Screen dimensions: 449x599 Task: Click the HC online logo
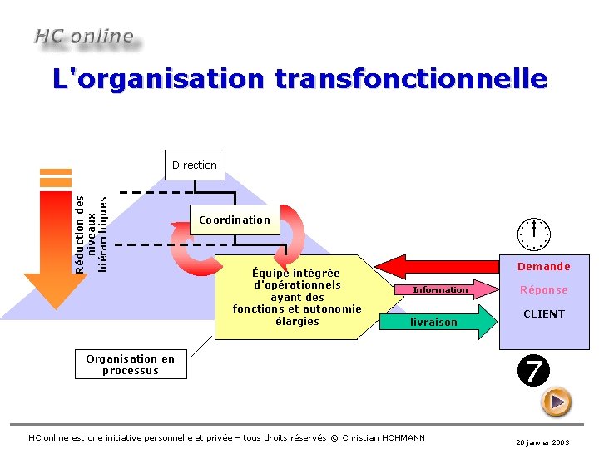pyautogui.click(x=83, y=37)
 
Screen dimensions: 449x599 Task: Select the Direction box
pyautogui.click(x=194, y=165)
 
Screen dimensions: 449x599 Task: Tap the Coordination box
pyautogui.click(x=234, y=220)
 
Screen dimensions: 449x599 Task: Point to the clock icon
pyautogui.click(x=532, y=234)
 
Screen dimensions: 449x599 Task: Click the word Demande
pyautogui.click(x=543, y=267)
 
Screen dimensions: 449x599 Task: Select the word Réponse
pyautogui.click(x=543, y=290)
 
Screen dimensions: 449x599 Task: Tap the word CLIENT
pyautogui.click(x=543, y=314)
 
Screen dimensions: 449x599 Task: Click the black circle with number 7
pyautogui.click(x=532, y=371)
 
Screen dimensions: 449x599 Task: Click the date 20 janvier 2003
pyautogui.click(x=542, y=443)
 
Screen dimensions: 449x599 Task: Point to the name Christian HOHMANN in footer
pyautogui.click(x=383, y=438)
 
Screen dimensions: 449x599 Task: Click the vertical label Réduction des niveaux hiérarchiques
pyautogui.click(x=91, y=234)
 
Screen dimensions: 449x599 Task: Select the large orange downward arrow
pyautogui.click(x=55, y=241)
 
